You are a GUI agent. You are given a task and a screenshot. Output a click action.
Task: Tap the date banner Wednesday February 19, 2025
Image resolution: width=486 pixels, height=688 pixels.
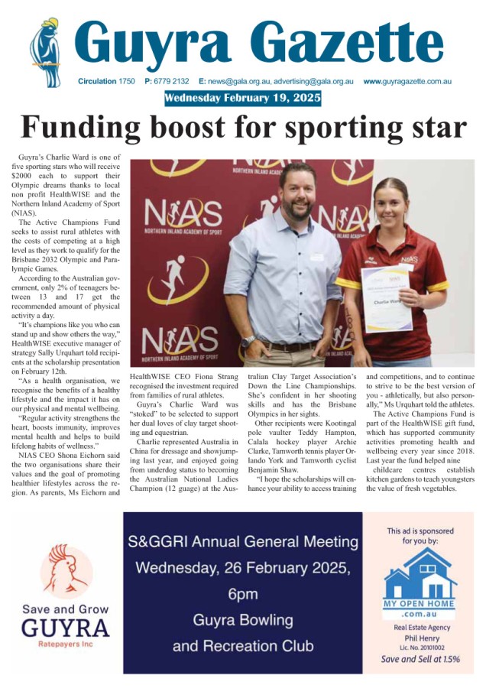coord(242,99)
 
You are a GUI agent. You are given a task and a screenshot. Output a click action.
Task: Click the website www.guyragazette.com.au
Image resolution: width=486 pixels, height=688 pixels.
coord(407,81)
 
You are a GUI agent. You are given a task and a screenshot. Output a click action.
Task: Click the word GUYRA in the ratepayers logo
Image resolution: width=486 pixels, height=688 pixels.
coord(66,628)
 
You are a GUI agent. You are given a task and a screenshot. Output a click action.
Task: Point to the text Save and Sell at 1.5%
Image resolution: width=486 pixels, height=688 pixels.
coord(420,658)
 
